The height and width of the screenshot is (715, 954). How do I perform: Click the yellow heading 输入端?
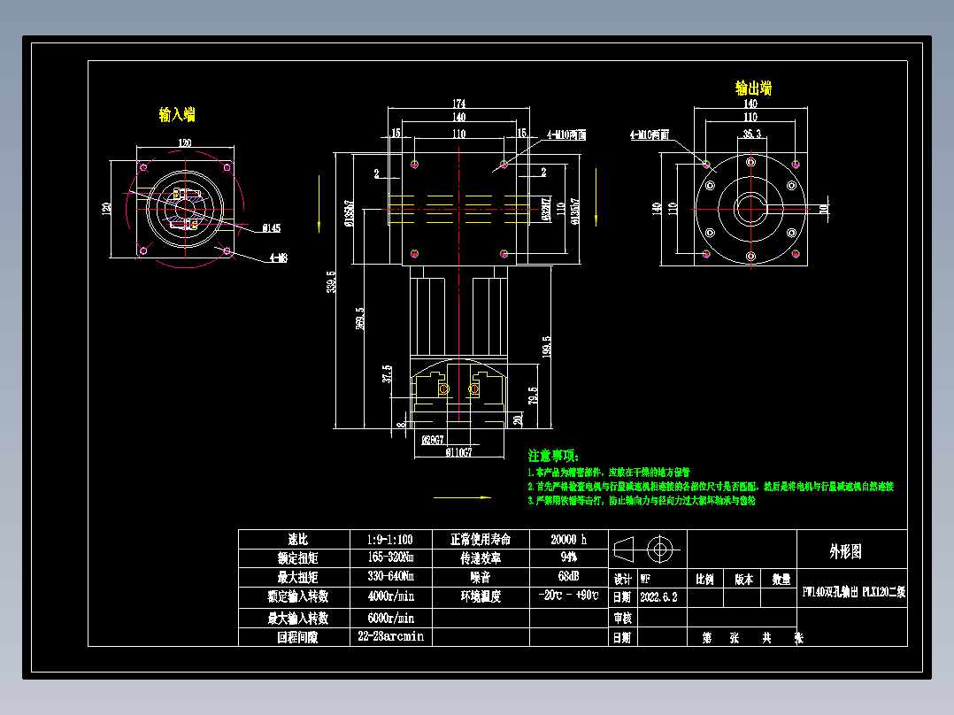177,115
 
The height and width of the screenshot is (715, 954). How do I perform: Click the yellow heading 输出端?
753,88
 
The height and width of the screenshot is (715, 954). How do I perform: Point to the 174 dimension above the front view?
459,104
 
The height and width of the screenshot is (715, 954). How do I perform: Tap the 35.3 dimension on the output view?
751,135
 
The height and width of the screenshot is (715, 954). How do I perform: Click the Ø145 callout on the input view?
271,228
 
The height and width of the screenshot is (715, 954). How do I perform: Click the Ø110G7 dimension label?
458,453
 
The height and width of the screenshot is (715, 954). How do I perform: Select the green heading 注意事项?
553,456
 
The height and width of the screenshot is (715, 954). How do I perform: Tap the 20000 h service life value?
568,539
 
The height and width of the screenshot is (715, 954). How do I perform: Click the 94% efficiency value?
568,558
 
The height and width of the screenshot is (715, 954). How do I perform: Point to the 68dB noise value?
568,577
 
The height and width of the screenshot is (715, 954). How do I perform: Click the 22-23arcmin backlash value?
390,636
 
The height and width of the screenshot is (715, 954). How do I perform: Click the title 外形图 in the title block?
845,551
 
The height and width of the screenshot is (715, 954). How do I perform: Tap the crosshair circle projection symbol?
658,550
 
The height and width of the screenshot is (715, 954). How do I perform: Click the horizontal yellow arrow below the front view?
462,497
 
